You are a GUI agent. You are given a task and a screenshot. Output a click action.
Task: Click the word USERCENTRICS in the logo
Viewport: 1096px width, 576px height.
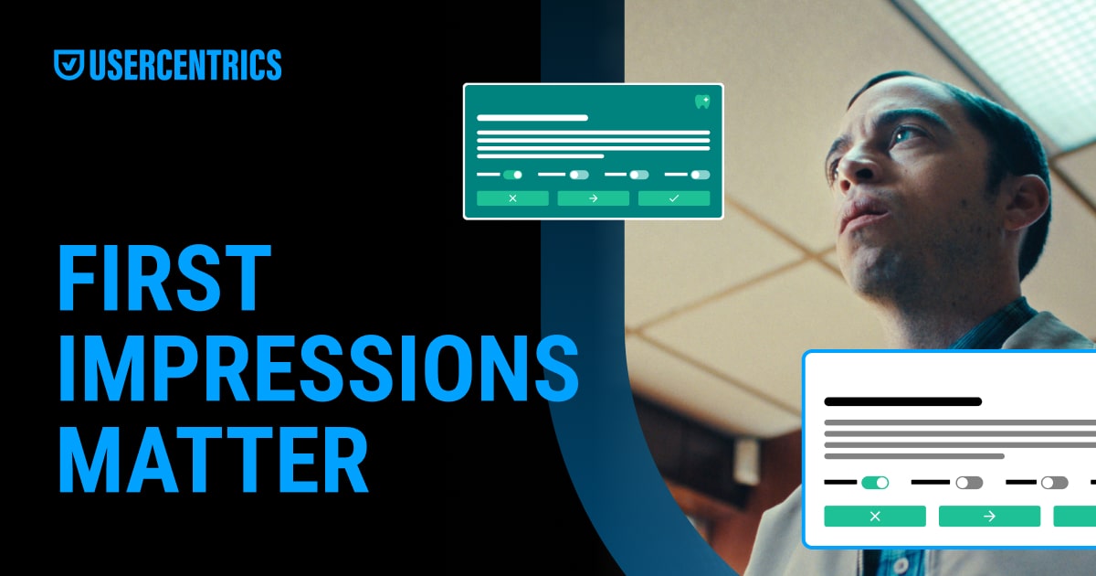click(x=185, y=65)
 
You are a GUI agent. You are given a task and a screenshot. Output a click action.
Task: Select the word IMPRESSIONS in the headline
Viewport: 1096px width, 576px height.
click(x=318, y=369)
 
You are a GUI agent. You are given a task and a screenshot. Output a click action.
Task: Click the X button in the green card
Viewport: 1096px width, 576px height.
click(x=512, y=198)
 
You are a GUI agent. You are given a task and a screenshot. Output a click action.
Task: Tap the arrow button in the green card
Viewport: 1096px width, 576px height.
click(x=593, y=198)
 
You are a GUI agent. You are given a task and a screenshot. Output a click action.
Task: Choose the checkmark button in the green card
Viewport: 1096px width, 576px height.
click(x=674, y=198)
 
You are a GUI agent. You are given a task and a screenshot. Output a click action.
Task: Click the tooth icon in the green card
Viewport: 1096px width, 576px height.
click(x=701, y=101)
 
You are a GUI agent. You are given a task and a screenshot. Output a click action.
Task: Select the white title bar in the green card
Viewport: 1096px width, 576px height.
click(x=532, y=118)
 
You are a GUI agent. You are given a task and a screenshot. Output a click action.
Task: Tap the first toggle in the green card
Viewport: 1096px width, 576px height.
click(x=512, y=174)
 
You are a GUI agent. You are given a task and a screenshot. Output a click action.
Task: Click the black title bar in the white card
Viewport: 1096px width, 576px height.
click(x=902, y=401)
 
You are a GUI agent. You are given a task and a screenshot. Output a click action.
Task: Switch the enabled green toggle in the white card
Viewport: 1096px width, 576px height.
click(x=875, y=482)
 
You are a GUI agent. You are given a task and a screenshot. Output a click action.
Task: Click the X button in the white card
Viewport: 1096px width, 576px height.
click(x=875, y=517)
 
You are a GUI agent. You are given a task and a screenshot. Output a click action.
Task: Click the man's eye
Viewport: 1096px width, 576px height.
click(x=904, y=137)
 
